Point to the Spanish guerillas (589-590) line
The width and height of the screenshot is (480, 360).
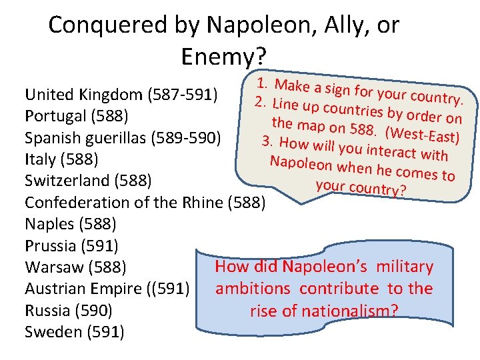point(122,138)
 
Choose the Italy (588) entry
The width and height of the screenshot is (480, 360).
point(62,159)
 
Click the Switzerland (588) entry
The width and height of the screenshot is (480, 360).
point(89,181)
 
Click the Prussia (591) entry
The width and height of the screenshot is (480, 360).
point(71,245)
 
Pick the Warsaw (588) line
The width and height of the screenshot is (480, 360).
point(75,267)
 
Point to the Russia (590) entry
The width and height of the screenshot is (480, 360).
point(69,310)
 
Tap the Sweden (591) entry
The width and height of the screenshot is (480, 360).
point(74,331)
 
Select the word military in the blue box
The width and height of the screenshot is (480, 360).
point(403,267)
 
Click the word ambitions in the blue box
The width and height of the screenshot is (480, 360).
point(253,289)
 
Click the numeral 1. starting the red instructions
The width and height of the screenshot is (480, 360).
point(264,84)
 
